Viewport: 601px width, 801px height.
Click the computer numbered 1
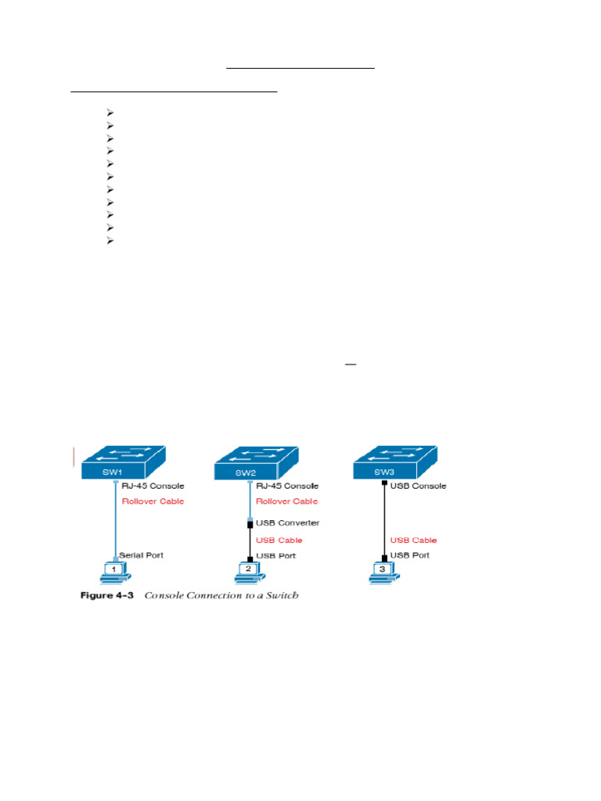[x=114, y=572]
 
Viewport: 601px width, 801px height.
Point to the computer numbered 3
[x=383, y=572]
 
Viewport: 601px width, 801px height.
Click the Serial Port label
[x=141, y=555]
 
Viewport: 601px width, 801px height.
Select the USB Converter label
[x=288, y=522]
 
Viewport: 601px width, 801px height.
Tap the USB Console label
[x=418, y=486]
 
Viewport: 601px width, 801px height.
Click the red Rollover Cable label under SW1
[x=153, y=501]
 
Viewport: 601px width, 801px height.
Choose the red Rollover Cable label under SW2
[x=287, y=501]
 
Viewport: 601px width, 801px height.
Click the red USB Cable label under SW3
[x=413, y=540]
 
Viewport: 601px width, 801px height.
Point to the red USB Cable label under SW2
[x=279, y=540]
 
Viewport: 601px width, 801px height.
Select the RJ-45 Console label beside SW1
[x=153, y=486]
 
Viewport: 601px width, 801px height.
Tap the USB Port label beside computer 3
[x=411, y=555]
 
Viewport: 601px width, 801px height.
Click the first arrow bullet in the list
[x=110, y=113]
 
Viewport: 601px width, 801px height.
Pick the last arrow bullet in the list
[x=110, y=240]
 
